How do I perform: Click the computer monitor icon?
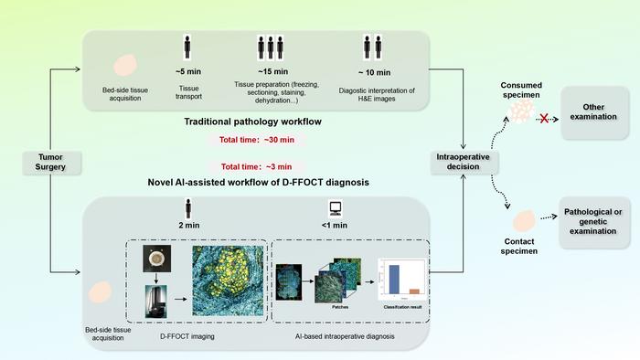click(335, 208)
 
